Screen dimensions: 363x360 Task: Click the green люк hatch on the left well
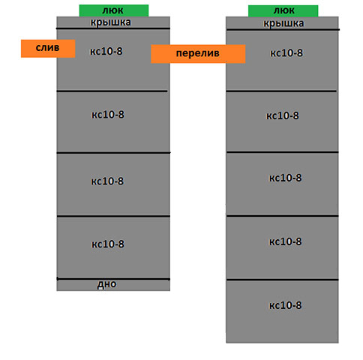tap(114, 10)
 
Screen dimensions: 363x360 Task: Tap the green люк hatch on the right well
tap(283, 10)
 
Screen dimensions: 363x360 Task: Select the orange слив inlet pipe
tap(48, 49)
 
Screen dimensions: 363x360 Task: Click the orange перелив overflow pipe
tap(198, 54)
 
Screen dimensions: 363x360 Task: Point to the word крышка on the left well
tap(110, 22)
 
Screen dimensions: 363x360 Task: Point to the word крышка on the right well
tap(283, 23)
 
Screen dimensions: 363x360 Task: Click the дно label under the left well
tap(106, 284)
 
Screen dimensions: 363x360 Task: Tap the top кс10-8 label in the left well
tap(106, 51)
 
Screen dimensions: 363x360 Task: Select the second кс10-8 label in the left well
tap(108, 115)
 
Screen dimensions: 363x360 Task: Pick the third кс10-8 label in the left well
tap(107, 181)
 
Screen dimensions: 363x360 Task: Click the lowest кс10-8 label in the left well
tap(108, 244)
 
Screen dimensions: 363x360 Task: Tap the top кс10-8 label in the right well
tap(286, 53)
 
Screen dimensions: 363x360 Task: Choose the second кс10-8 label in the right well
tap(283, 115)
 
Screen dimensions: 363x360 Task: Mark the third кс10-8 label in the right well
tap(285, 178)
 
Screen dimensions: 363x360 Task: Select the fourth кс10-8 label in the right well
tap(285, 241)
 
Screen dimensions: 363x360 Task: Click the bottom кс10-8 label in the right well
tap(285, 305)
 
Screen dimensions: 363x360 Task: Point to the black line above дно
tap(113, 279)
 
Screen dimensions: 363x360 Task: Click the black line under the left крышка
tap(113, 28)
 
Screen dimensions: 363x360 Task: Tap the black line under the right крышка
tap(283, 30)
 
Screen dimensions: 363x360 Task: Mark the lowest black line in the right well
tap(283, 280)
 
